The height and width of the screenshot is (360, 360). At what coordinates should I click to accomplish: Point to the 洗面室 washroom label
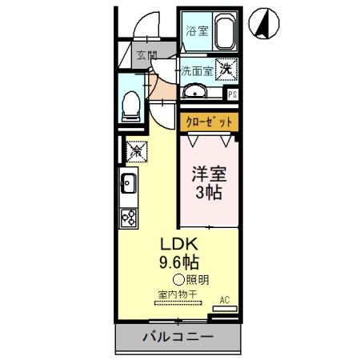195,70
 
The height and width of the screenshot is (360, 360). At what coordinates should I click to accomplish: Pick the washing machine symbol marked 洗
227,70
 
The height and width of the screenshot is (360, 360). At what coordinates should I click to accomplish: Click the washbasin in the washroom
196,92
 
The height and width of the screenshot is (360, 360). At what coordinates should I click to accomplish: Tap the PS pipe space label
233,94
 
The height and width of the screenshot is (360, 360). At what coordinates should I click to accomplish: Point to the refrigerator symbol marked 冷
135,148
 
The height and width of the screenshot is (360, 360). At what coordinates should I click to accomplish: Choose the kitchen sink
129,186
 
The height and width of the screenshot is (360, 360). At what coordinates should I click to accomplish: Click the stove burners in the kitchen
129,215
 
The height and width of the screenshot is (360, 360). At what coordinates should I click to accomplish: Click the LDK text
180,244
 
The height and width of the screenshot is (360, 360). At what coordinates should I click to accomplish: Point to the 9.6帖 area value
180,262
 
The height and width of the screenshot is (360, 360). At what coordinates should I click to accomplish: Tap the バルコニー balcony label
178,337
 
